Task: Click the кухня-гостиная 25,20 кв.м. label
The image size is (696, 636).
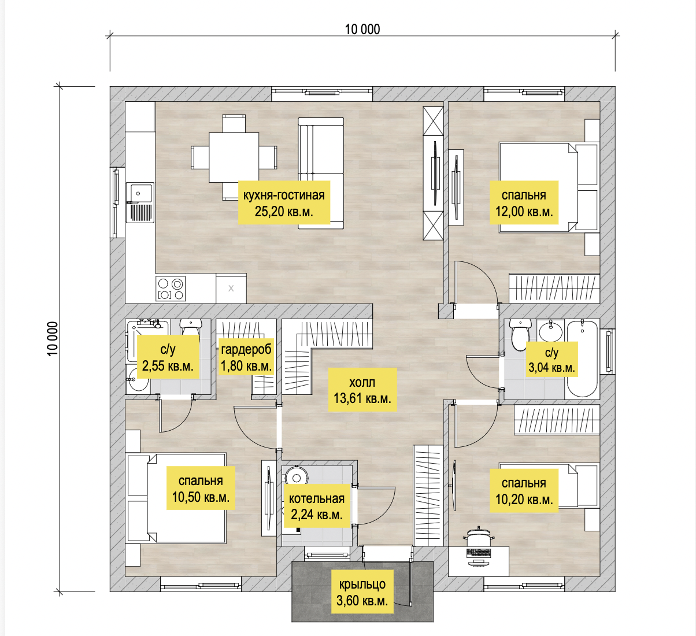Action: [284, 202]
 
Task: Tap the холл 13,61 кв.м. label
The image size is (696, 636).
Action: [362, 390]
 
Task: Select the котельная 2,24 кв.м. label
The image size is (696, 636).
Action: [317, 506]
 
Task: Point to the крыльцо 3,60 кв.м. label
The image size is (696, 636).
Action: [362, 593]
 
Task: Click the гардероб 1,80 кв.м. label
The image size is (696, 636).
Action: [246, 357]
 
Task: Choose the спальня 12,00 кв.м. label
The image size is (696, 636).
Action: [524, 203]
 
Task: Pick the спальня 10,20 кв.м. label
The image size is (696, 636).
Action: [524, 491]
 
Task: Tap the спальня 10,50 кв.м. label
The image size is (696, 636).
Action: [201, 489]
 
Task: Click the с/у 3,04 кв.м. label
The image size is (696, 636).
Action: [551, 360]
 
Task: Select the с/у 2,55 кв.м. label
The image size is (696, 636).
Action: [168, 357]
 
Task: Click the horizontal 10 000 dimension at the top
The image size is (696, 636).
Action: [362, 29]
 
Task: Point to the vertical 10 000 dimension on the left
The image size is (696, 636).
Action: [53, 339]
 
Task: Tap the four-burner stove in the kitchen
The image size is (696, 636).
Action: [171, 289]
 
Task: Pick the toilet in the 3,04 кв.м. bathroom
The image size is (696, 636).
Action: [520, 334]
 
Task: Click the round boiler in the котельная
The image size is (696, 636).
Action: [297, 477]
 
